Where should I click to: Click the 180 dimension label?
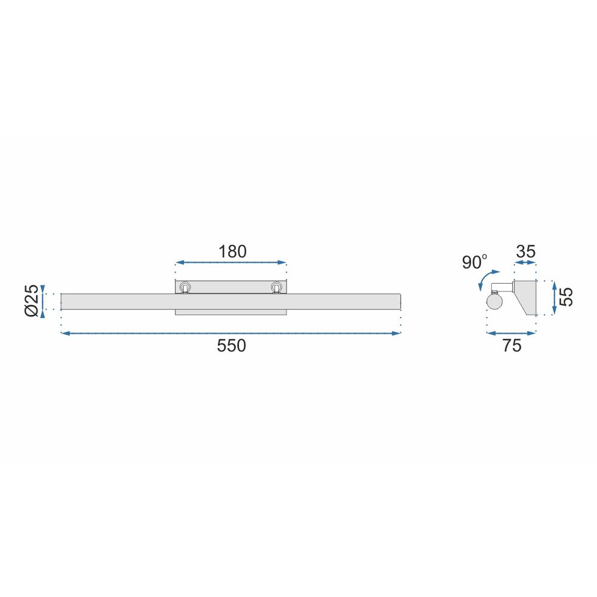(x=232, y=251)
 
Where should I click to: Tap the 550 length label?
(x=232, y=346)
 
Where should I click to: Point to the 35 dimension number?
(x=525, y=251)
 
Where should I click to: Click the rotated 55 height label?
(x=568, y=297)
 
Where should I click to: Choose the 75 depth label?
(x=512, y=346)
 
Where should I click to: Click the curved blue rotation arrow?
(x=484, y=279)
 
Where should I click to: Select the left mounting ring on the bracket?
(x=186, y=288)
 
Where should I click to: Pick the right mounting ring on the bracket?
(x=276, y=288)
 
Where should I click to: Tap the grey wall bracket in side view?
(x=525, y=296)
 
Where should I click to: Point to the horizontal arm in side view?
(x=504, y=287)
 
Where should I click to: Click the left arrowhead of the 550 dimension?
(x=64, y=333)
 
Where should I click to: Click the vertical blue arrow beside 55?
(x=555, y=297)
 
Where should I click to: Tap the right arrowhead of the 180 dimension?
(x=284, y=263)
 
